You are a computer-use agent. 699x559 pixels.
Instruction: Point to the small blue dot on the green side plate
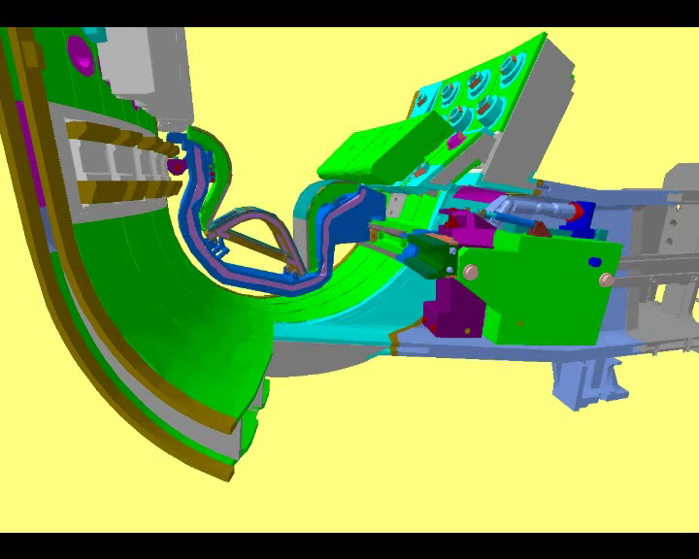pyautogui.click(x=593, y=261)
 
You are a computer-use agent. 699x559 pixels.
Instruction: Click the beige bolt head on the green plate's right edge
pyautogui.click(x=607, y=279)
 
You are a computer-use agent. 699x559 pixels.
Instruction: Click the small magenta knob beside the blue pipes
pyautogui.click(x=176, y=166)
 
